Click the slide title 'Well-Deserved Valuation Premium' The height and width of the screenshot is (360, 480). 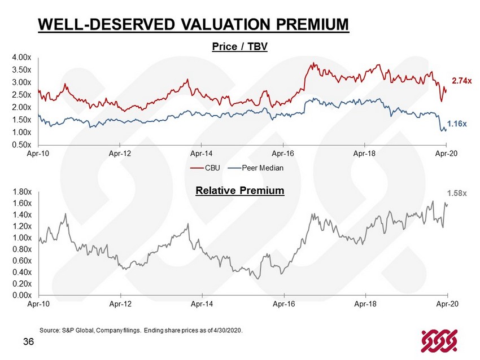point(193,25)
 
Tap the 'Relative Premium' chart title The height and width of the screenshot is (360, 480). point(239,191)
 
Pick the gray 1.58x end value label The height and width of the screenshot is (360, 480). point(457,194)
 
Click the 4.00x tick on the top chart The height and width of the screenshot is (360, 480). point(21,58)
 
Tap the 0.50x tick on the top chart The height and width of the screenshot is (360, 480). point(21,144)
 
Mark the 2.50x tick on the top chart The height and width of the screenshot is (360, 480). point(21,95)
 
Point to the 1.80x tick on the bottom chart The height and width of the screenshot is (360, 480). point(21,192)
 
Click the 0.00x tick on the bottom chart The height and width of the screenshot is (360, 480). point(21,295)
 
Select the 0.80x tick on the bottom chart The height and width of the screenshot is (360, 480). point(21,249)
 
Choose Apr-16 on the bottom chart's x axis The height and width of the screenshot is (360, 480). point(283,304)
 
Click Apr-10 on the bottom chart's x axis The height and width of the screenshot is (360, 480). point(38,304)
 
